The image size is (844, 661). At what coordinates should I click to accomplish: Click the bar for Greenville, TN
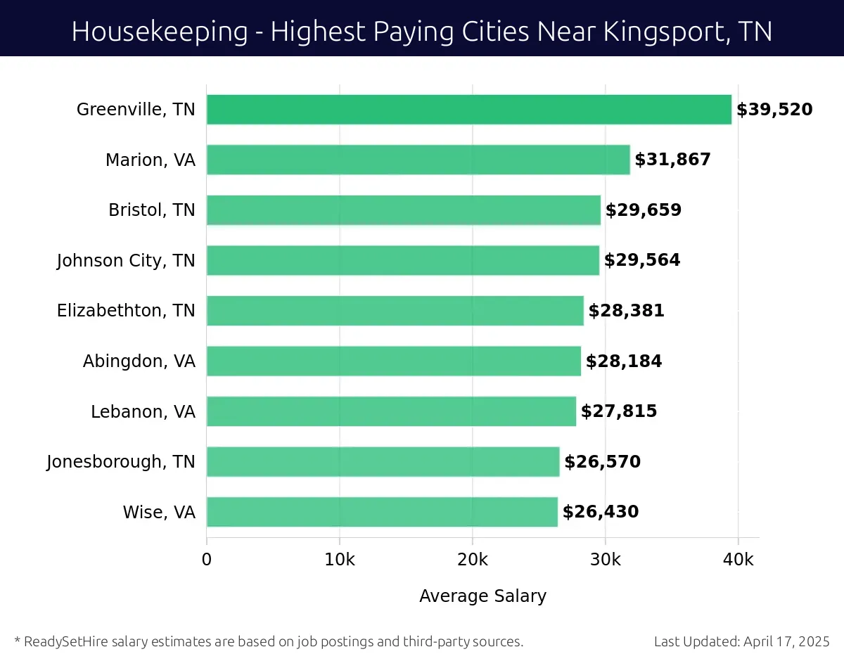(x=469, y=110)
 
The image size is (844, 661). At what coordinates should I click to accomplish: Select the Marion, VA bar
(x=418, y=160)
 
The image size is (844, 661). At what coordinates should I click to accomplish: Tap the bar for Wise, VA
(x=382, y=512)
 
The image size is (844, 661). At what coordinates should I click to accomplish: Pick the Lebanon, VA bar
(x=391, y=411)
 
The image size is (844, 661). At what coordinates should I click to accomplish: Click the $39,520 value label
(x=774, y=110)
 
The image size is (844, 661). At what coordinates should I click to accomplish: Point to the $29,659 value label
(x=644, y=210)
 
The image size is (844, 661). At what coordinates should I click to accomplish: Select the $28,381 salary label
(x=626, y=311)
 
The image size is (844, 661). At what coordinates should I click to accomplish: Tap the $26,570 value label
(x=602, y=462)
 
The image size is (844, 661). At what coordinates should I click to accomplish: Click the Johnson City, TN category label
(x=126, y=261)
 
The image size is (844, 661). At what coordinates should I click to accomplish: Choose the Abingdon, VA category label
(x=139, y=361)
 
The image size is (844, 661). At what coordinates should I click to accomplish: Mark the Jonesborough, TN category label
(x=121, y=462)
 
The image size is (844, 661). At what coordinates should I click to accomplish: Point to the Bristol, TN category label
(x=151, y=210)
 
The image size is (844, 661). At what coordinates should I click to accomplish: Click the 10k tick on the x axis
(x=339, y=560)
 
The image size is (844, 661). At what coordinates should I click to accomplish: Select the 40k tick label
(x=738, y=560)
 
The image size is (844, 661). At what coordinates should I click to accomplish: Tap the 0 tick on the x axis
(x=207, y=560)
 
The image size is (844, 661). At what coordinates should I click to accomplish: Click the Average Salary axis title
(x=482, y=596)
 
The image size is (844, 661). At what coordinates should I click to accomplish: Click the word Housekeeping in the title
(x=160, y=32)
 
